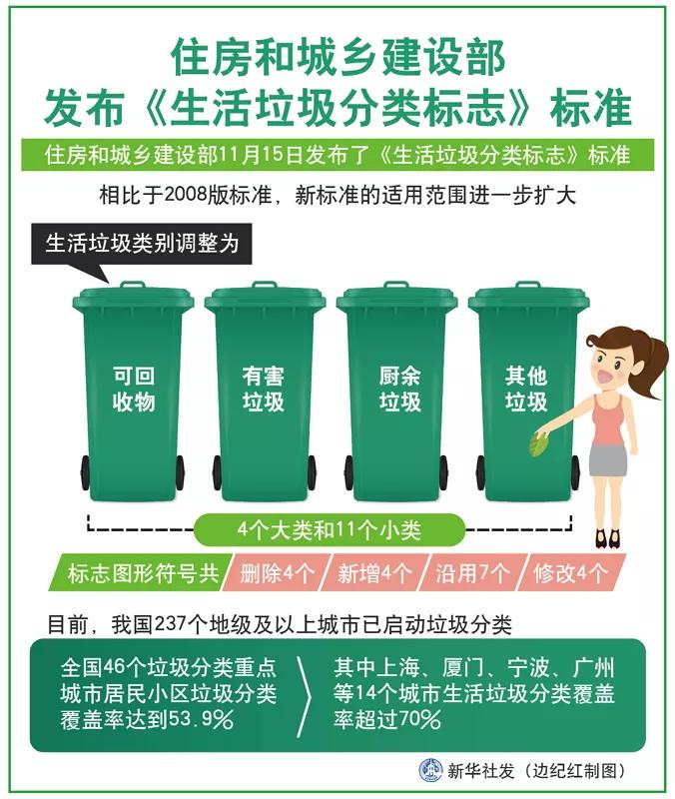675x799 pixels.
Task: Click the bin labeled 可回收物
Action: [134, 399]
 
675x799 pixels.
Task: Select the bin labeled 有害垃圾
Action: [265, 399]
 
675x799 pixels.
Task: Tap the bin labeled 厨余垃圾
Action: [396, 399]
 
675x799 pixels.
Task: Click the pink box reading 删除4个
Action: [272, 573]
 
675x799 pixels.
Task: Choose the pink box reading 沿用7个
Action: [474, 573]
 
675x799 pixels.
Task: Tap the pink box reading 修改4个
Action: [571, 573]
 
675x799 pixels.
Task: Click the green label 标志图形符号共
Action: [140, 573]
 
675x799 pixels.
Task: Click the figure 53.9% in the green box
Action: [201, 719]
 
